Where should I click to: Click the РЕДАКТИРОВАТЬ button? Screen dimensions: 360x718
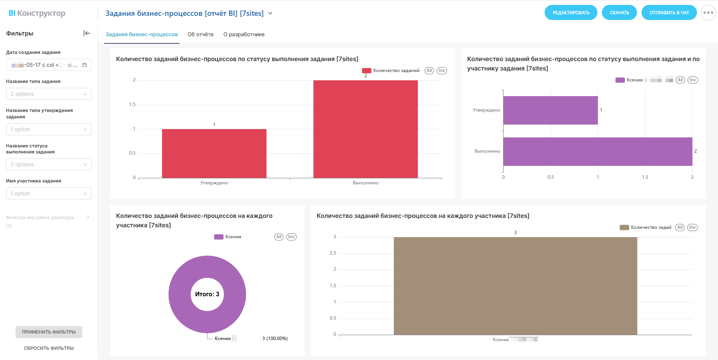[x=571, y=13]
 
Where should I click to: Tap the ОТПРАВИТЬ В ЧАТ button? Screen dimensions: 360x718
[x=669, y=13]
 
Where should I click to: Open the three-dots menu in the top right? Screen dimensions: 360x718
[x=708, y=13]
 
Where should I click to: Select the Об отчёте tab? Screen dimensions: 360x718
[x=201, y=34]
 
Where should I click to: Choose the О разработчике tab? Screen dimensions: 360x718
[x=244, y=34]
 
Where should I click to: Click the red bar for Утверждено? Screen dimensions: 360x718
[x=214, y=153]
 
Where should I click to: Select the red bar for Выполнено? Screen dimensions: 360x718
[x=365, y=129]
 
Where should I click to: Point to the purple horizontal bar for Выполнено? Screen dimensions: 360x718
[x=597, y=152]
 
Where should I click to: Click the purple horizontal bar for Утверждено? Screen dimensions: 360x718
[x=550, y=110]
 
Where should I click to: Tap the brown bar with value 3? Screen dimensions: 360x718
[x=515, y=286]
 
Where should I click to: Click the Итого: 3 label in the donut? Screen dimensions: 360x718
[x=207, y=294]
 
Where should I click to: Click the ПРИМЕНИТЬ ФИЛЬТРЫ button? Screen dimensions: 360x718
[x=49, y=332]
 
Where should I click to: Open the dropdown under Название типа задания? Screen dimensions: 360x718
[x=49, y=94]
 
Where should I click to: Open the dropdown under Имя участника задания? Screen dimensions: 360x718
[x=49, y=193]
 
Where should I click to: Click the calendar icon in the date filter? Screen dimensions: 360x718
[x=84, y=65]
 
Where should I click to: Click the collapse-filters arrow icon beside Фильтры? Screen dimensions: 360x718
[x=87, y=33]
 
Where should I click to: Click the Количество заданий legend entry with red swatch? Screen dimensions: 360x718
[x=391, y=70]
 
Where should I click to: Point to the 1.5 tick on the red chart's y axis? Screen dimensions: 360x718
[x=132, y=104]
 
